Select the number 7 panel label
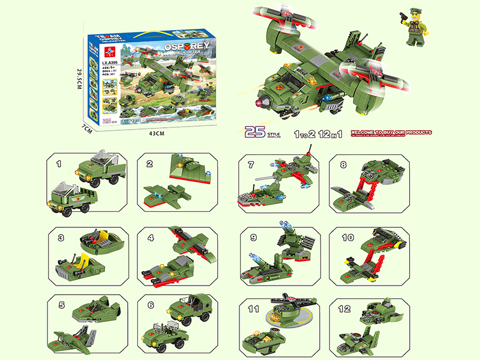(250, 163)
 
